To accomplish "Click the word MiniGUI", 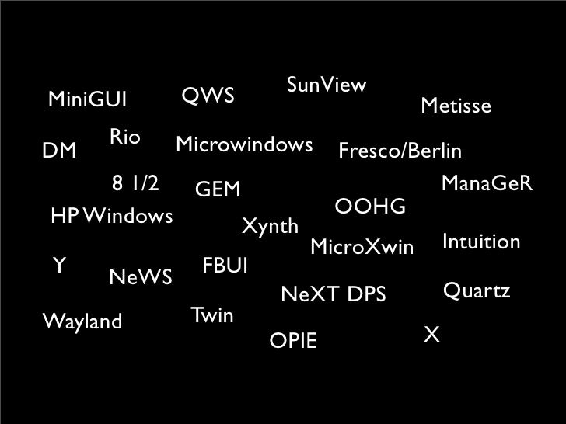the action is (87, 100).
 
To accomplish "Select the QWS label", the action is (208, 96).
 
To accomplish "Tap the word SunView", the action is (327, 85).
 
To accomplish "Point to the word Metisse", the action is (456, 106).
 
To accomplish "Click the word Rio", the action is (124, 137).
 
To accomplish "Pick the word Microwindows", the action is (244, 145).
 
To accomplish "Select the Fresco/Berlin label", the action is (400, 150).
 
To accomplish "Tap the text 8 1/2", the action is (135, 184).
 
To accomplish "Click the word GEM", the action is (218, 189).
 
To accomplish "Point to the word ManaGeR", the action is (486, 184).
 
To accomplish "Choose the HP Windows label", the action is (110, 215).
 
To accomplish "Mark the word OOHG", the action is (370, 207).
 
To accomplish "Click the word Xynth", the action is (270, 227).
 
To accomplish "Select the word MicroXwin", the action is (362, 248).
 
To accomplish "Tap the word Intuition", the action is (480, 242).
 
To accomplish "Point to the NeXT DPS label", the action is (333, 294).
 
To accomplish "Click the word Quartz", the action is (476, 291).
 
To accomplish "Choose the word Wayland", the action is (82, 321).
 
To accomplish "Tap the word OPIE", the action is (292, 340).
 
